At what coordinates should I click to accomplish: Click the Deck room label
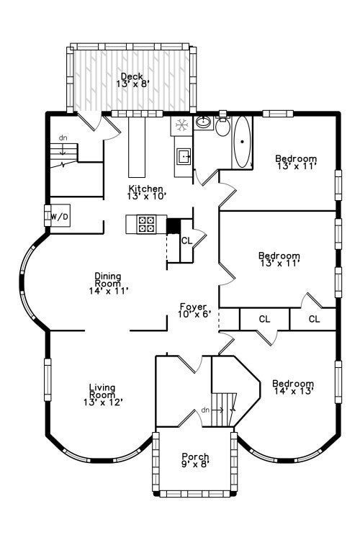(x=132, y=80)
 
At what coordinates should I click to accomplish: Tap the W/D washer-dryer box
(x=60, y=216)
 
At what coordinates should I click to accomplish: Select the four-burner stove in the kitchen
(x=146, y=224)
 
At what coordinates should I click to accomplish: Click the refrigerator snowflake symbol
(x=181, y=125)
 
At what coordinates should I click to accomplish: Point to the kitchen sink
(x=184, y=156)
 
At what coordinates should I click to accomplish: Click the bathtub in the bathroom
(x=242, y=142)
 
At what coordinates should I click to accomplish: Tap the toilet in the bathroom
(x=223, y=126)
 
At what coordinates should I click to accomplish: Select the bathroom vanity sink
(x=203, y=122)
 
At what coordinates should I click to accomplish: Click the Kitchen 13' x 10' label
(x=146, y=192)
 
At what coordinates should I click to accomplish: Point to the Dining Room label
(x=109, y=284)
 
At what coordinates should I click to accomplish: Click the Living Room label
(x=103, y=395)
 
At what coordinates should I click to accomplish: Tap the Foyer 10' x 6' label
(x=194, y=310)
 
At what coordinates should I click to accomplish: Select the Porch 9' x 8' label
(x=195, y=460)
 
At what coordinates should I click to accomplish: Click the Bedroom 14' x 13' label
(x=293, y=387)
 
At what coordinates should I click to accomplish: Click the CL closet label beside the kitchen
(x=186, y=240)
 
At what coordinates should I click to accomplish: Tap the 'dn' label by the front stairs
(x=205, y=410)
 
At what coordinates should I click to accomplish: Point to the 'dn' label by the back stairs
(x=63, y=138)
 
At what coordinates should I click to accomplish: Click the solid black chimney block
(x=174, y=226)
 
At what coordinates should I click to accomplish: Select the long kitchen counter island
(x=137, y=147)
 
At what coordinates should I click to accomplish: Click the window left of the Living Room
(x=48, y=380)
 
